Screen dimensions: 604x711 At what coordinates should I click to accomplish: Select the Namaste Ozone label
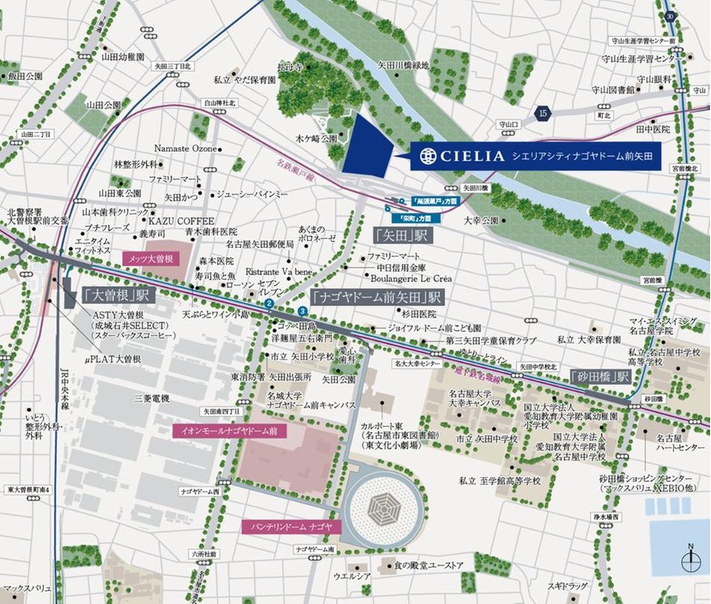click(184, 148)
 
